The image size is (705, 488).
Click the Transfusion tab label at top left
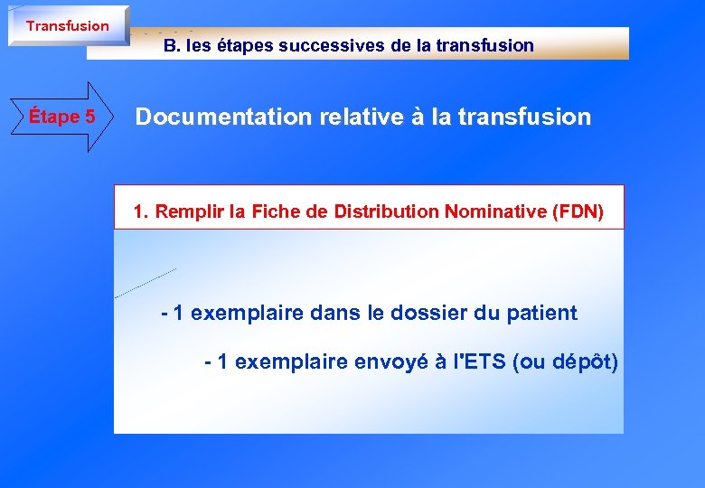tap(67, 26)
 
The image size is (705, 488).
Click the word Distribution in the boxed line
tap(393, 212)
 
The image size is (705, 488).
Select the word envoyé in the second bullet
tap(393, 363)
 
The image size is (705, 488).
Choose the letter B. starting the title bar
tap(171, 45)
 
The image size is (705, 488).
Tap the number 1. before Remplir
tap(141, 212)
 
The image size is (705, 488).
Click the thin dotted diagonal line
tap(146, 283)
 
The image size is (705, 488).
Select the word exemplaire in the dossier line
tap(248, 314)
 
